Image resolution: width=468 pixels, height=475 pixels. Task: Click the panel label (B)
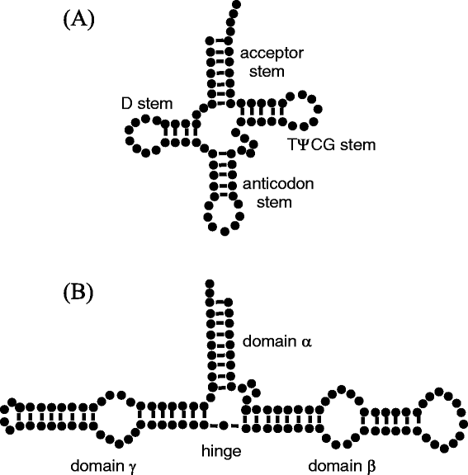click(79, 293)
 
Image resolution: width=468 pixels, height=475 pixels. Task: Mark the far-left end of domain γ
click(7, 416)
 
